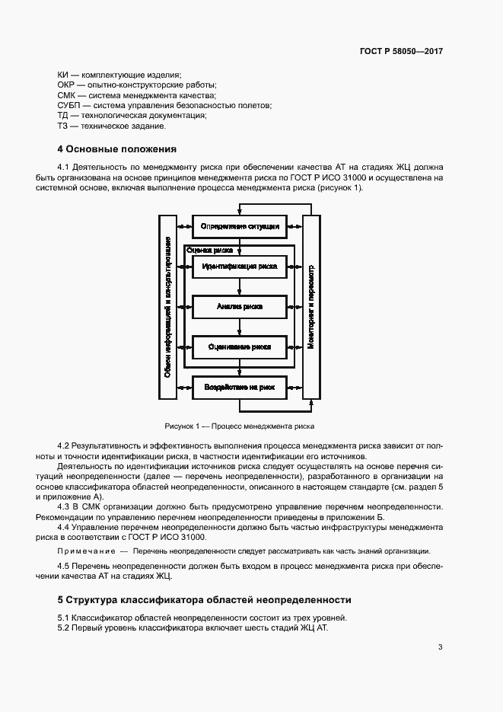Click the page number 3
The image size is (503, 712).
[441, 648]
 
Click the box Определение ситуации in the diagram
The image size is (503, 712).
[240, 226]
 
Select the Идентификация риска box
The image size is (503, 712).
[240, 267]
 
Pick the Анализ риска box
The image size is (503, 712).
[240, 306]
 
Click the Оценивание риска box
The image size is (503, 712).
[240, 346]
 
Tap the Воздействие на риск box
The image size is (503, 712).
[240, 388]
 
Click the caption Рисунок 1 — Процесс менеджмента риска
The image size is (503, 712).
[239, 426]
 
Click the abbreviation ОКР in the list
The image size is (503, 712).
[66, 85]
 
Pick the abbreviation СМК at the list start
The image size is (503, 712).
[66, 95]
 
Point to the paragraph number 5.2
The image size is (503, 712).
[64, 627]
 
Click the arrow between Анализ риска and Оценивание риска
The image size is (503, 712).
[240, 326]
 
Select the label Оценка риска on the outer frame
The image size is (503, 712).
[209, 249]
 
